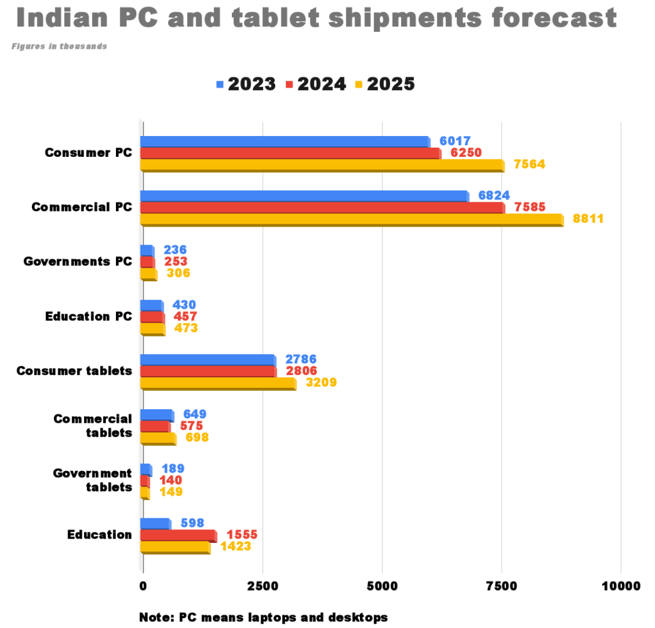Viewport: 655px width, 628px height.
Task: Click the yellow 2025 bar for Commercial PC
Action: point(351,219)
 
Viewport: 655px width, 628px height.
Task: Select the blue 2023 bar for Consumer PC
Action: point(285,142)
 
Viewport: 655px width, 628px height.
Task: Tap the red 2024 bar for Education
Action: point(178,535)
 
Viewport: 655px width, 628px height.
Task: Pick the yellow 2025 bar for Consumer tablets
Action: point(218,384)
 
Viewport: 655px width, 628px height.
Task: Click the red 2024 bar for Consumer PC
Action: point(290,153)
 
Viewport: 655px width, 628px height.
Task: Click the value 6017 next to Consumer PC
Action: point(454,141)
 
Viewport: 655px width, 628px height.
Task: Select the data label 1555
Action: point(242,535)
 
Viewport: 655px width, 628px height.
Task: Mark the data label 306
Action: point(178,273)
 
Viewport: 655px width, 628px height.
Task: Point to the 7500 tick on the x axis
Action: point(501,586)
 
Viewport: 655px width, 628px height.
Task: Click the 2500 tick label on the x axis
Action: point(262,586)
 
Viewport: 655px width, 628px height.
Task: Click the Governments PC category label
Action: point(77,262)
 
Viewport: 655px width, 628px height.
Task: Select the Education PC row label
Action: point(88,316)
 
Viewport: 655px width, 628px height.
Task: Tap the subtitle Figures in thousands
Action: point(59,46)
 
